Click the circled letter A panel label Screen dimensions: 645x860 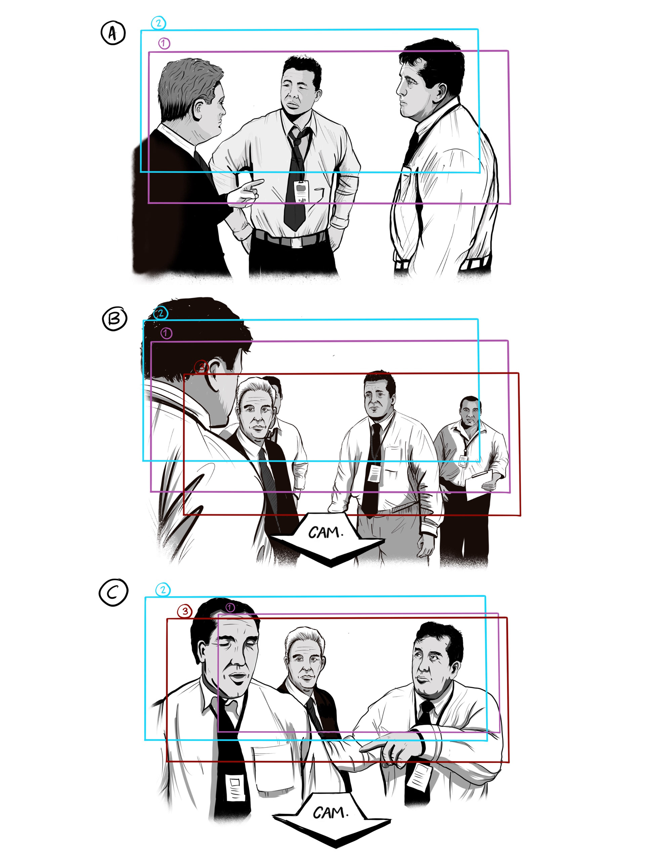(113, 33)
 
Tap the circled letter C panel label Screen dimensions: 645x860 (113, 592)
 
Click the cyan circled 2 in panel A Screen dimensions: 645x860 (158, 23)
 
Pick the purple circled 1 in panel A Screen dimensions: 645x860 (164, 43)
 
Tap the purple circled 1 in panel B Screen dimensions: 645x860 (166, 333)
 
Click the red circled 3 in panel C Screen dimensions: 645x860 (185, 611)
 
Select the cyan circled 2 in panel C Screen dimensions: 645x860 (163, 590)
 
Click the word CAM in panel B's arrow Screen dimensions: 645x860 (326, 532)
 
